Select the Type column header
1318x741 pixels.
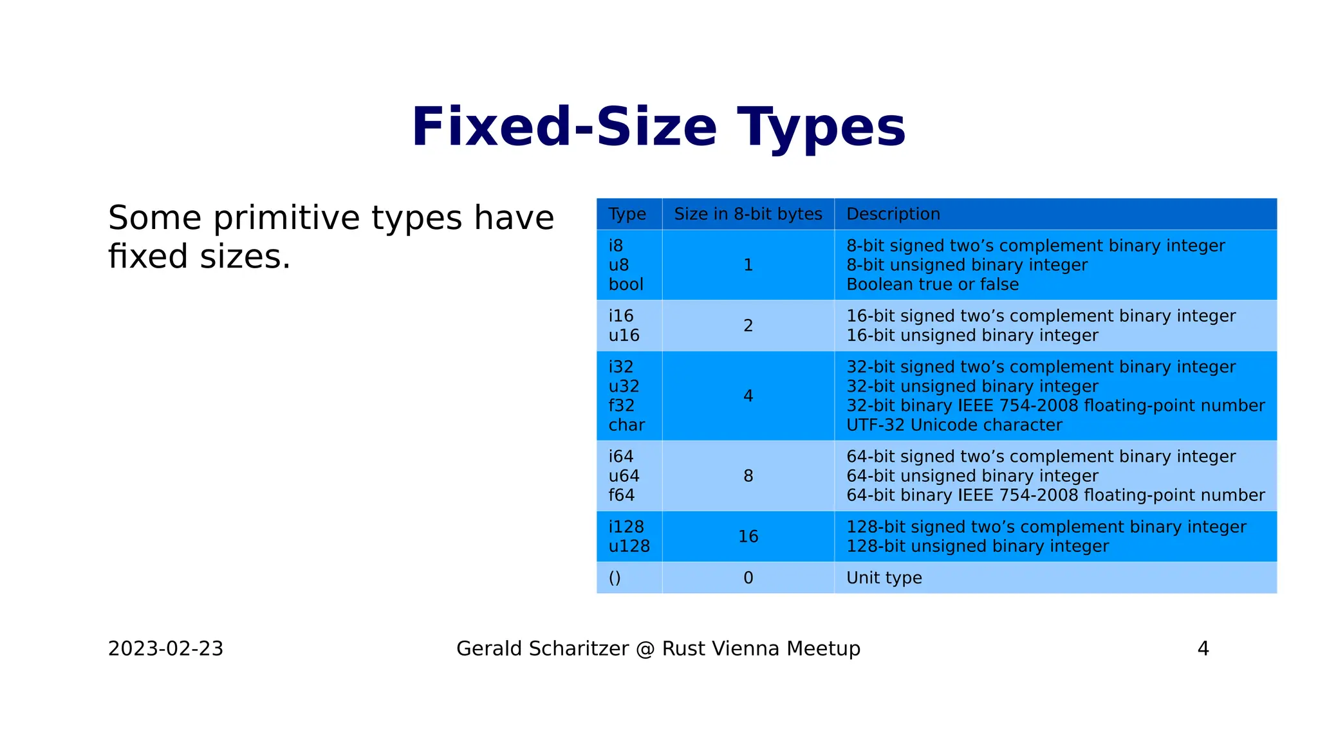point(627,214)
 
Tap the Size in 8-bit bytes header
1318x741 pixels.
point(748,214)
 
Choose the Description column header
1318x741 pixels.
point(893,214)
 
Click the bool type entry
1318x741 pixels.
point(626,284)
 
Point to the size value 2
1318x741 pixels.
point(748,325)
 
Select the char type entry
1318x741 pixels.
point(626,425)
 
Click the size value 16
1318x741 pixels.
point(748,536)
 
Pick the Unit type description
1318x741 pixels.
point(884,578)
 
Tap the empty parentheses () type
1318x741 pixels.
point(615,578)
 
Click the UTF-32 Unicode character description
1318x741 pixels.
point(954,425)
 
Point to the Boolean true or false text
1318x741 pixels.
point(932,284)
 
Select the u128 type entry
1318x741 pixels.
point(629,546)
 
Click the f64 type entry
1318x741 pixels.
point(621,495)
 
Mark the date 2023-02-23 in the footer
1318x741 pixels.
point(165,648)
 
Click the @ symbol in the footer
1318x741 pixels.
point(645,648)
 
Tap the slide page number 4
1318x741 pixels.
point(1203,648)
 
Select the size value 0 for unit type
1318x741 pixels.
point(748,578)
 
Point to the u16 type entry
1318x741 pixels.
point(624,335)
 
